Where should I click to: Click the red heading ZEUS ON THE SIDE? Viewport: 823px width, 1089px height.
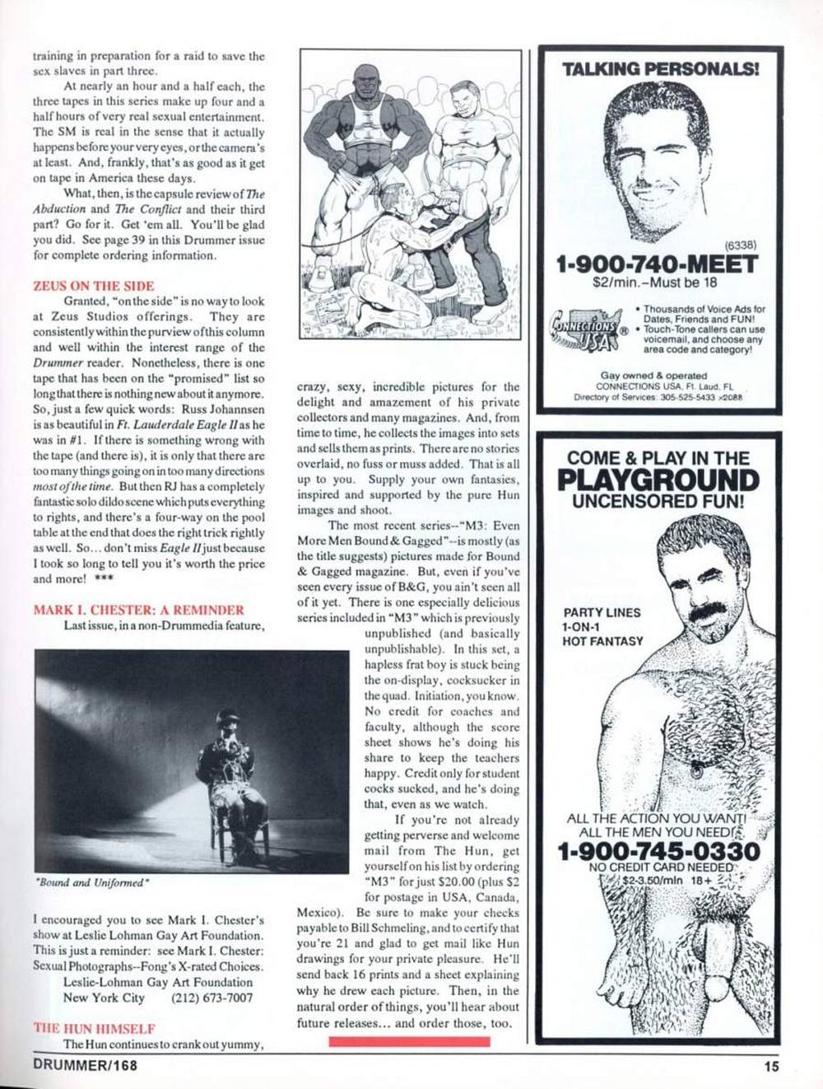coord(93,286)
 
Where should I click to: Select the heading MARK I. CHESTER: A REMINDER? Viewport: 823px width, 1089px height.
coord(138,610)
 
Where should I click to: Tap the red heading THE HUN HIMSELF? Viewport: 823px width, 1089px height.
coord(94,1028)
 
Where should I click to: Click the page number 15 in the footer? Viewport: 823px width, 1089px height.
coord(770,1066)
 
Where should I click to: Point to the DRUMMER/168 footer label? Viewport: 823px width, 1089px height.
coord(85,1065)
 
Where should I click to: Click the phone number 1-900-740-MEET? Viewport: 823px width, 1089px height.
coord(656,265)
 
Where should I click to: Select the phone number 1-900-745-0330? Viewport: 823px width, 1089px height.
coord(658,851)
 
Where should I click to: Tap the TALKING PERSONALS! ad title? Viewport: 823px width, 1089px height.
coord(661,69)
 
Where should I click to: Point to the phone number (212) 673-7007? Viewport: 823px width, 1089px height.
coord(212,998)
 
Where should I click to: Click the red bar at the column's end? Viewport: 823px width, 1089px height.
coord(409,1041)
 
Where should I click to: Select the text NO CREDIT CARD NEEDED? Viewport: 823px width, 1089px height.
coord(661,867)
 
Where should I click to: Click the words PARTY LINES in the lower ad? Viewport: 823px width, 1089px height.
coord(602,613)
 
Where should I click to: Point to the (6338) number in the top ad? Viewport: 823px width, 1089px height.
coord(740,245)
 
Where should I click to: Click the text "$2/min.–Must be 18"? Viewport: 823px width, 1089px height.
coord(657,282)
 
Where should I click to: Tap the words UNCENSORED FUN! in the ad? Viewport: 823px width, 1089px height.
coord(658,500)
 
